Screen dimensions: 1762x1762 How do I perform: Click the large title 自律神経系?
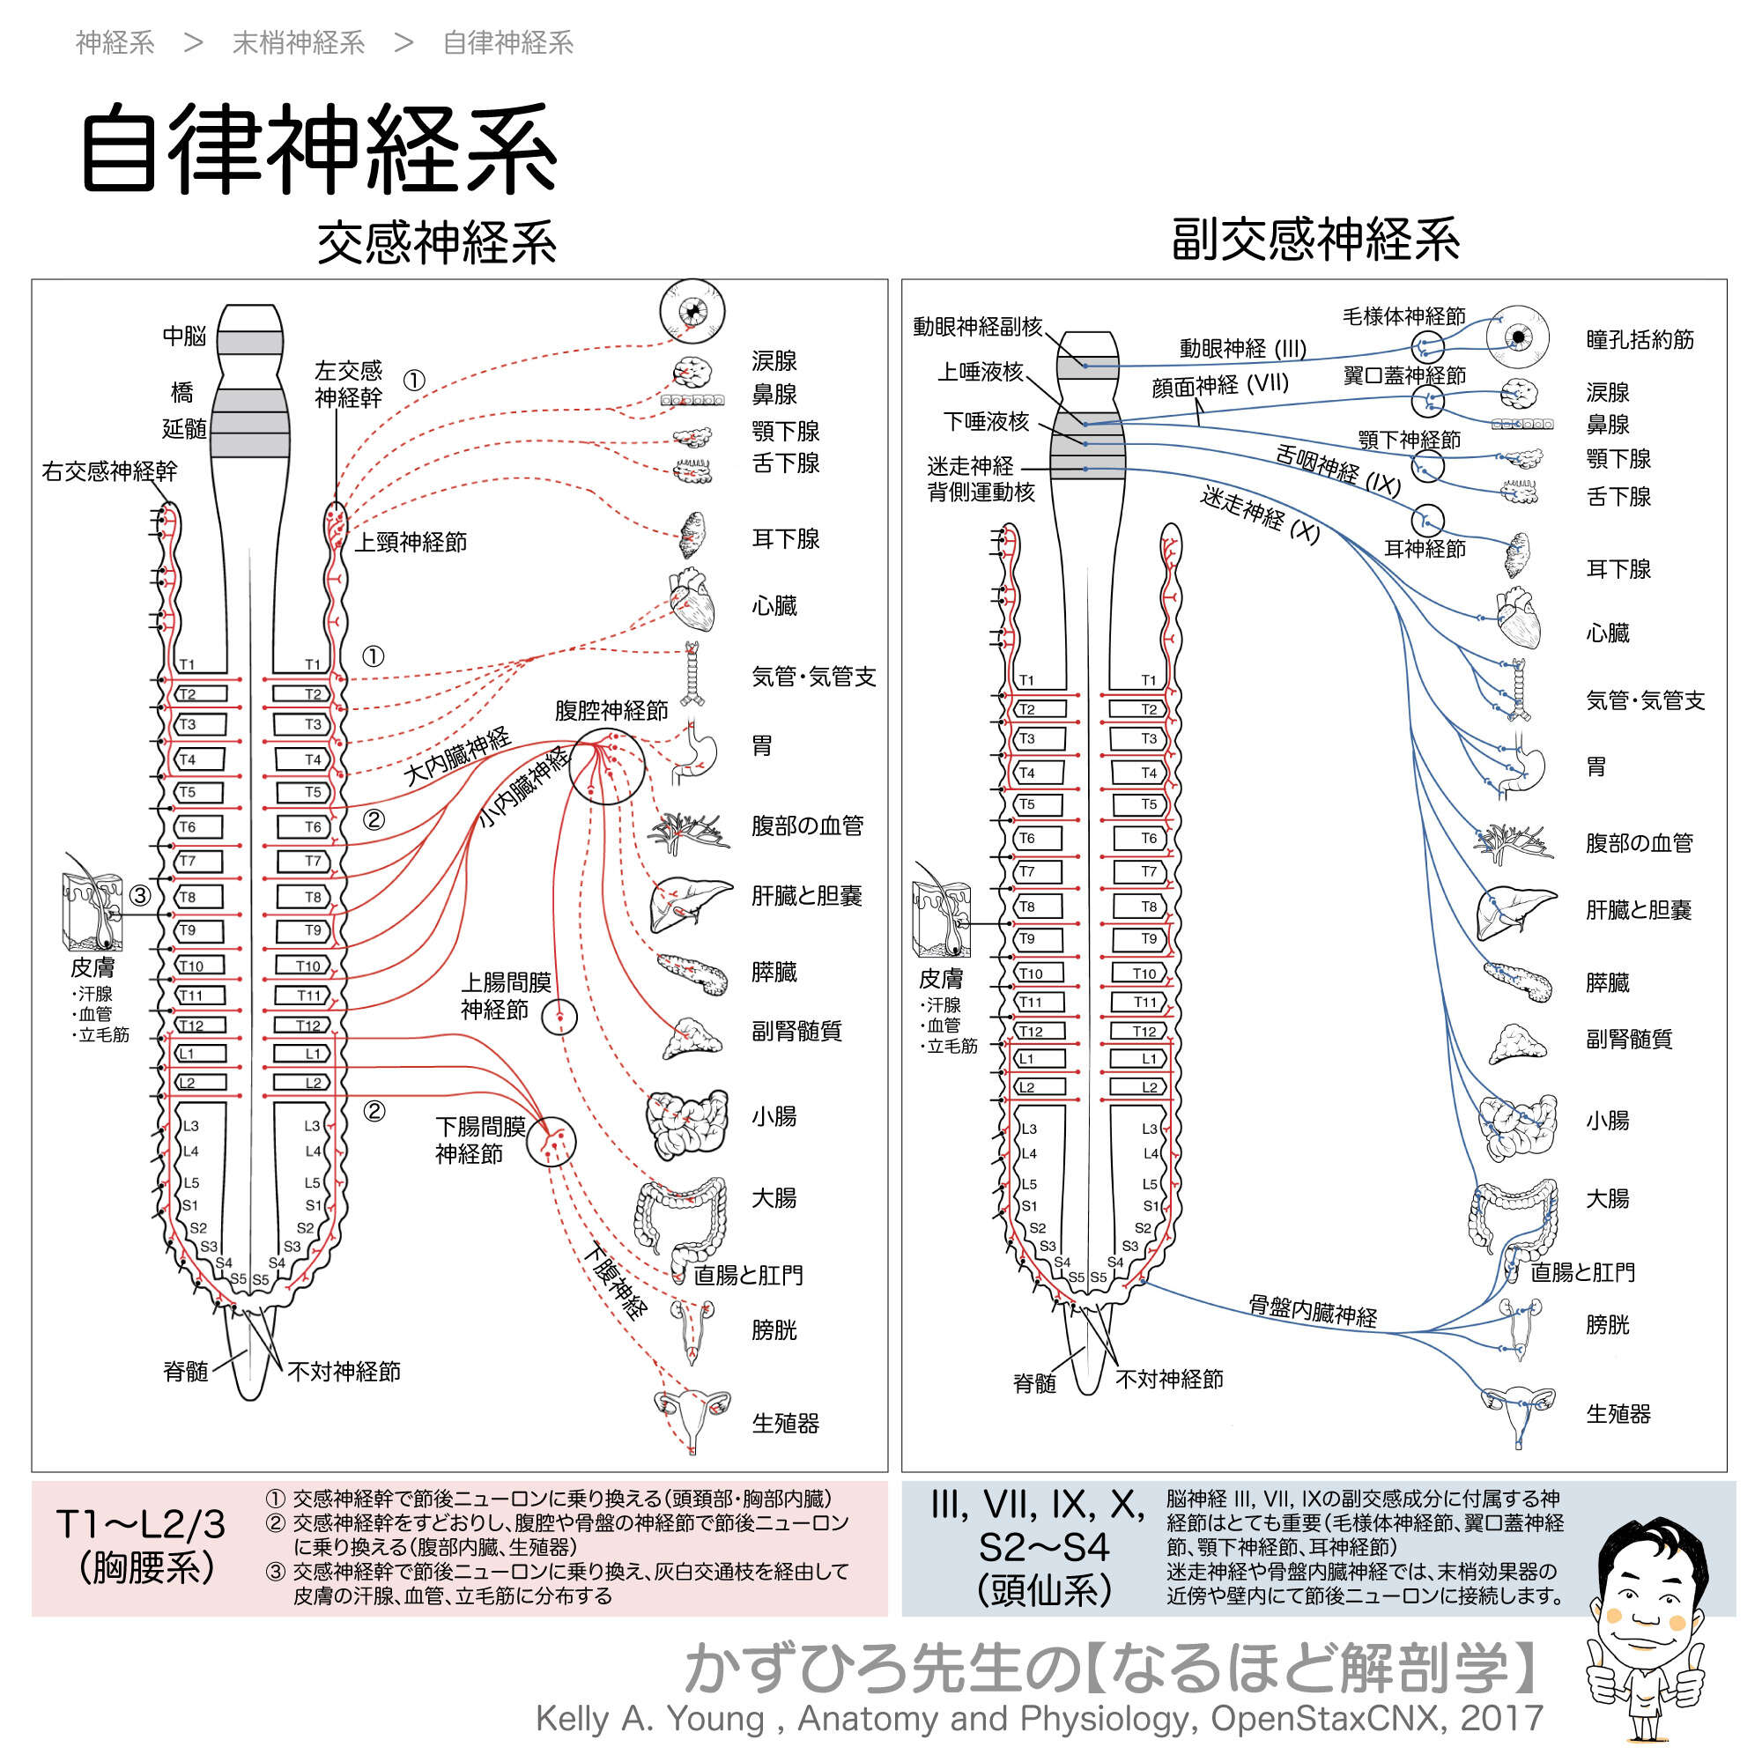[319, 149]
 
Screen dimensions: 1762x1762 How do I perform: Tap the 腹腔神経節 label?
[611, 710]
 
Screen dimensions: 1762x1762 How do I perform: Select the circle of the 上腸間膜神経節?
[559, 1016]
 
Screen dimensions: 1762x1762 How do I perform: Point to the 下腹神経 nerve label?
[616, 1281]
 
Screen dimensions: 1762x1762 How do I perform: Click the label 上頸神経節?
[411, 543]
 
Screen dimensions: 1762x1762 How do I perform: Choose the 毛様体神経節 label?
[1403, 316]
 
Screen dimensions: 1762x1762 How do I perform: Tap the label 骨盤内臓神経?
[1313, 1311]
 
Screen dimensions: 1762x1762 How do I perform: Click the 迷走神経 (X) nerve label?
[1260, 515]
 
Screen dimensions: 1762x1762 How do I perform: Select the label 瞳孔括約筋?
[1640, 340]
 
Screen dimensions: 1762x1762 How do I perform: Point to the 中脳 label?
[184, 337]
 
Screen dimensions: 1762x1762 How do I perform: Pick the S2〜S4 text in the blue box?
[1043, 1548]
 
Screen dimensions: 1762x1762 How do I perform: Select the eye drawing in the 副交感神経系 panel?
[1518, 337]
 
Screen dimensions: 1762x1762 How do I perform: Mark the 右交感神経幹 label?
[109, 471]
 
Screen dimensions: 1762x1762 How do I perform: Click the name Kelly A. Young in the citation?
[649, 1718]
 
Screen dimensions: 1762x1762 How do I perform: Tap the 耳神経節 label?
[1425, 549]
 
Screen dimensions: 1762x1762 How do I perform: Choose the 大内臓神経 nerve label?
[457, 757]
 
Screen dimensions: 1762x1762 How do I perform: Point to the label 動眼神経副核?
[977, 327]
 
